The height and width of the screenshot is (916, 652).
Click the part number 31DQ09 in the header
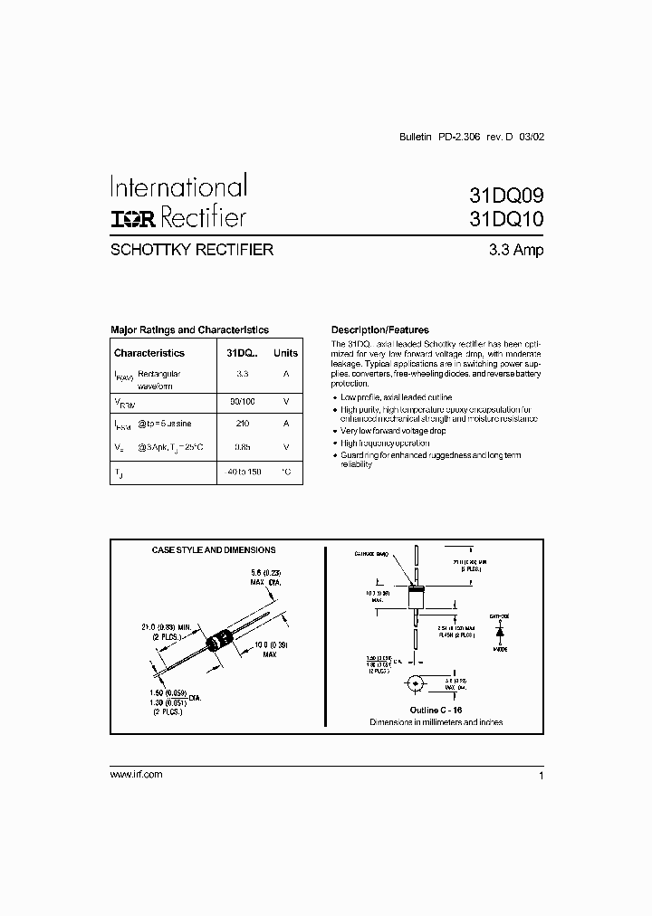tap(506, 194)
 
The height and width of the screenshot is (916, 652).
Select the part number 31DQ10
tap(506, 219)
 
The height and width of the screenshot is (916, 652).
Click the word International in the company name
tap(178, 187)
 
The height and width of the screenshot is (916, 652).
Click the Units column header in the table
tap(286, 353)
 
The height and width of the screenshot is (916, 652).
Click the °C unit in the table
tap(286, 472)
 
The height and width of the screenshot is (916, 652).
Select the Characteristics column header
tap(149, 353)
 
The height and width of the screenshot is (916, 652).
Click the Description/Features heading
tap(380, 330)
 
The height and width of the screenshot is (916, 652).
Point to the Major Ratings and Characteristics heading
tap(189, 330)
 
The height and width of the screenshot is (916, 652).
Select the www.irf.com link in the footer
tap(136, 775)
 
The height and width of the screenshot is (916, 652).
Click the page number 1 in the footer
tap(541, 777)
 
